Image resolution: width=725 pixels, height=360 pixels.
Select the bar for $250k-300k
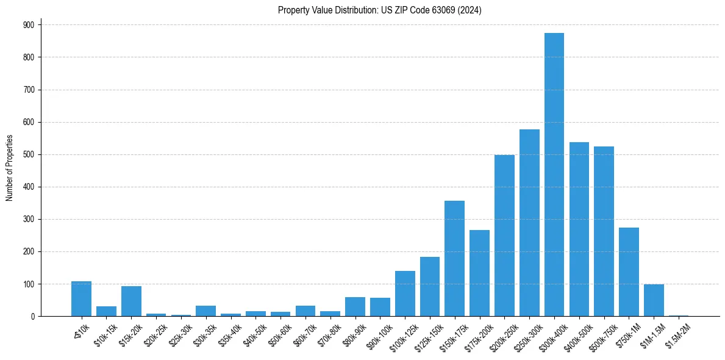pos(529,223)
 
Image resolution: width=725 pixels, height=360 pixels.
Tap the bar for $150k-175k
pos(454,259)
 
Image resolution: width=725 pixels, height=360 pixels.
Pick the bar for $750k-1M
pos(629,272)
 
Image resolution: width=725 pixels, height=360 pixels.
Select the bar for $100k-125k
pos(405,293)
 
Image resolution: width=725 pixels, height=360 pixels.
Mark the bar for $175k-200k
pos(479,273)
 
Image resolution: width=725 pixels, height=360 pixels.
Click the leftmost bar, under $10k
pos(81,299)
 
